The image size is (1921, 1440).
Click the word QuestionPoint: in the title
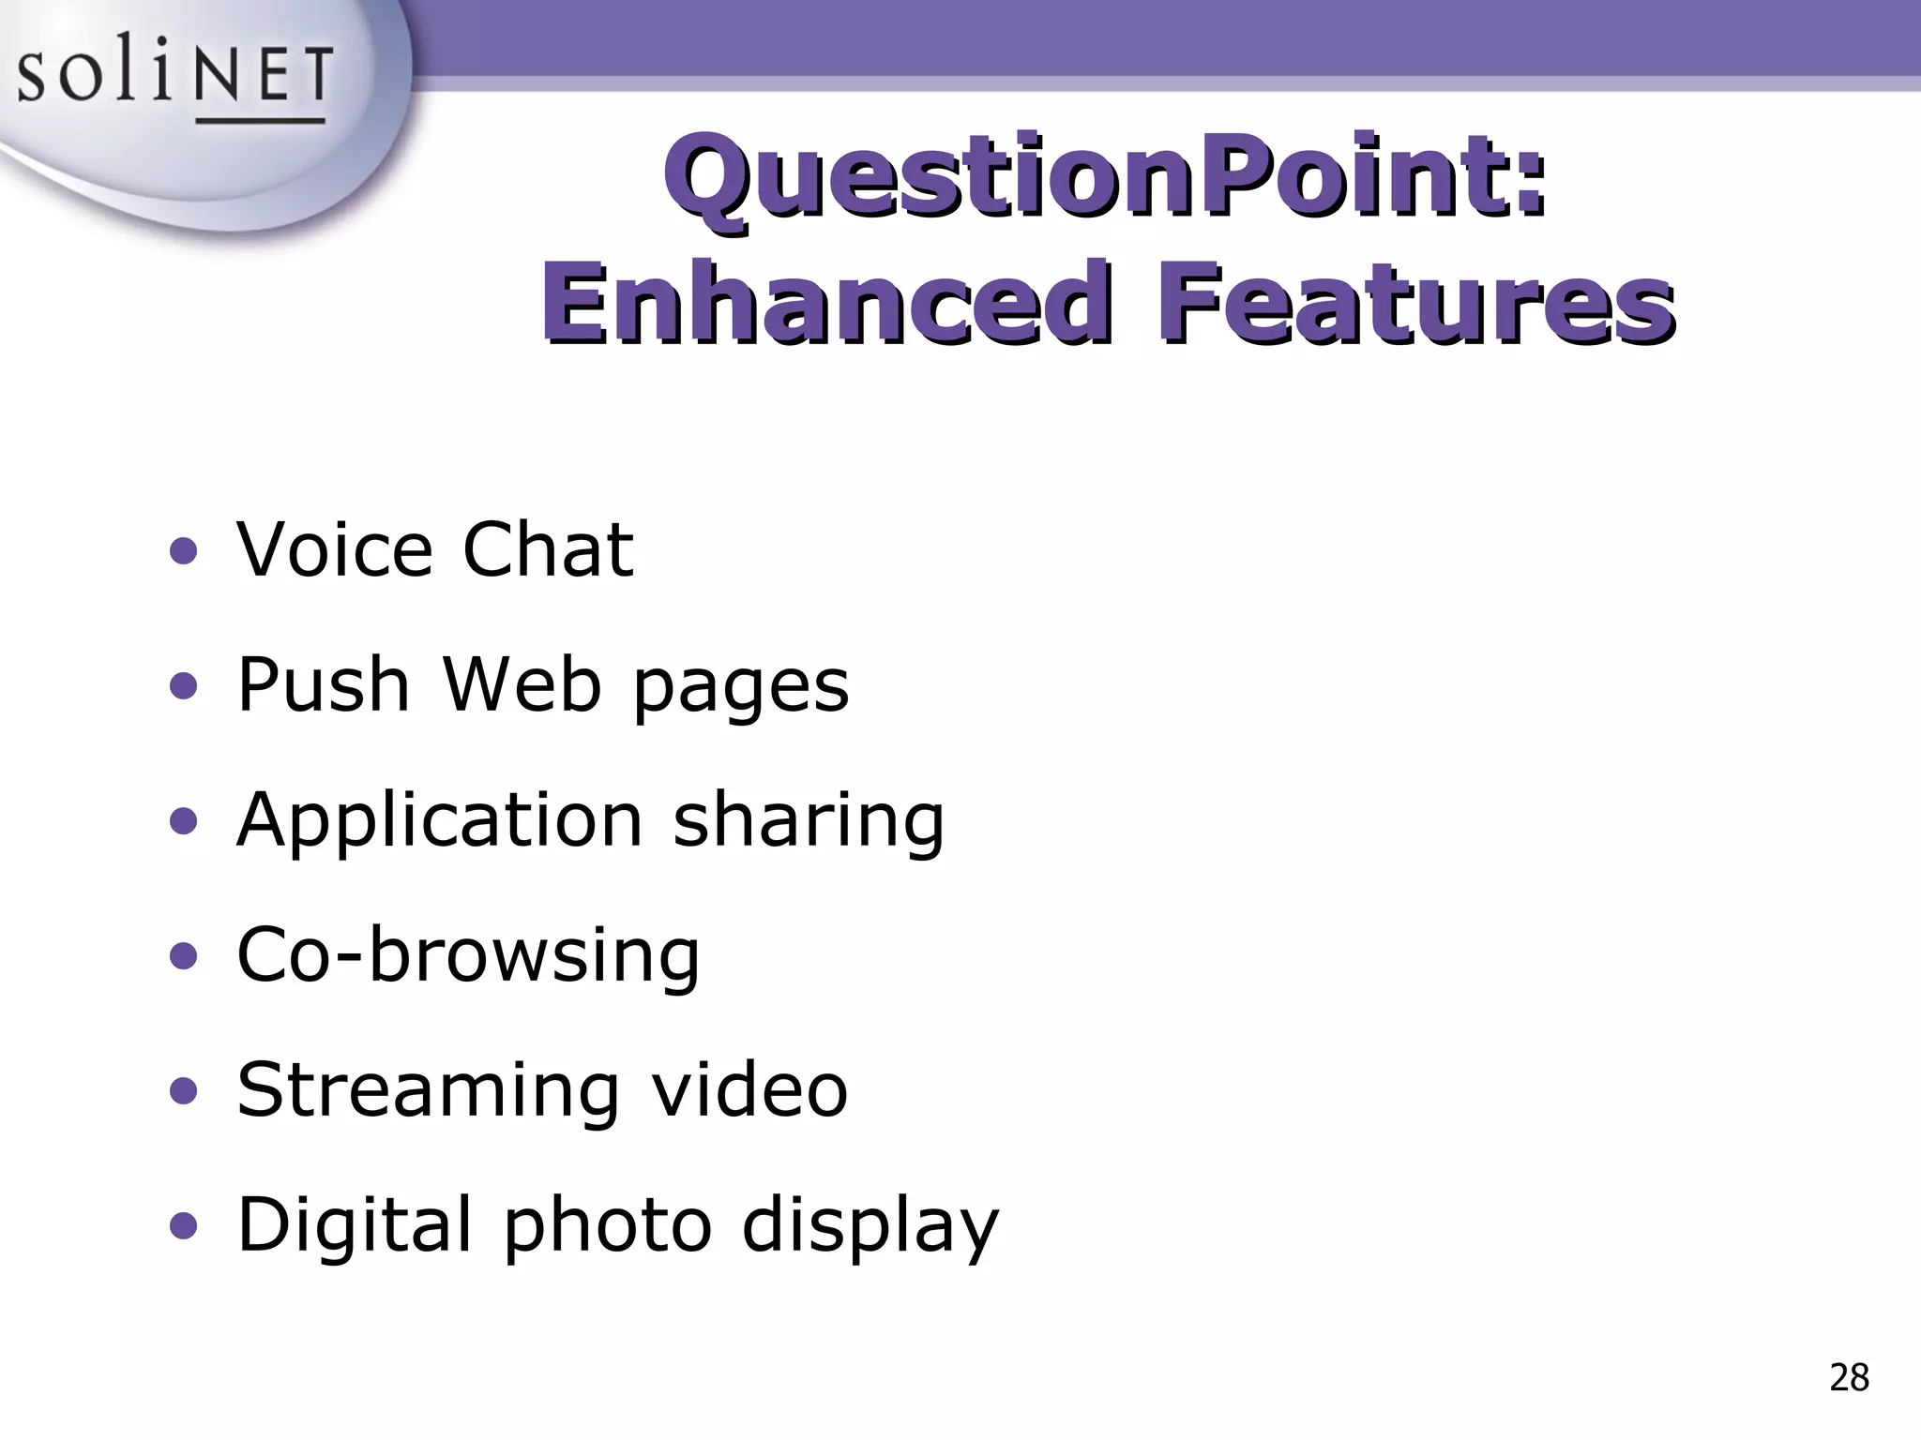pos(1105,175)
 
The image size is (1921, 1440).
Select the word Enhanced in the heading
pos(825,302)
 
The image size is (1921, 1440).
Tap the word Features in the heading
pos(1416,302)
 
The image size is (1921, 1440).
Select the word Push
pos(323,684)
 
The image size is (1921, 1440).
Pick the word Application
pos(439,821)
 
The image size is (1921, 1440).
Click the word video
pos(749,1090)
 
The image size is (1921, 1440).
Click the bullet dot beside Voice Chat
pos(184,552)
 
